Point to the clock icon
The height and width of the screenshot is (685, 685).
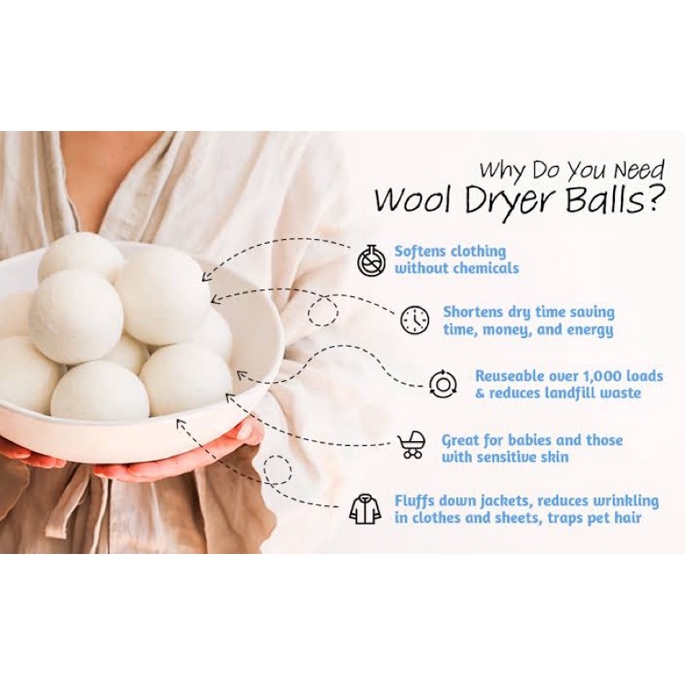pos(414,320)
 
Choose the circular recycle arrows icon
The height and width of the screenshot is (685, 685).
pos(443,384)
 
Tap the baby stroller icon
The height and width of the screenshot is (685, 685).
pos(412,444)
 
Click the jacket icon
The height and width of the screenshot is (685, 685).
pos(365,509)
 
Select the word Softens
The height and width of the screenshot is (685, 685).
pos(420,252)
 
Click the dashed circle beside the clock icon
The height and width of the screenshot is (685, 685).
pos(323,312)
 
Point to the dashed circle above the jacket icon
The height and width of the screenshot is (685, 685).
pos(277,469)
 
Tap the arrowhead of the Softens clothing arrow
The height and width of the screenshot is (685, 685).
pos(206,277)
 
